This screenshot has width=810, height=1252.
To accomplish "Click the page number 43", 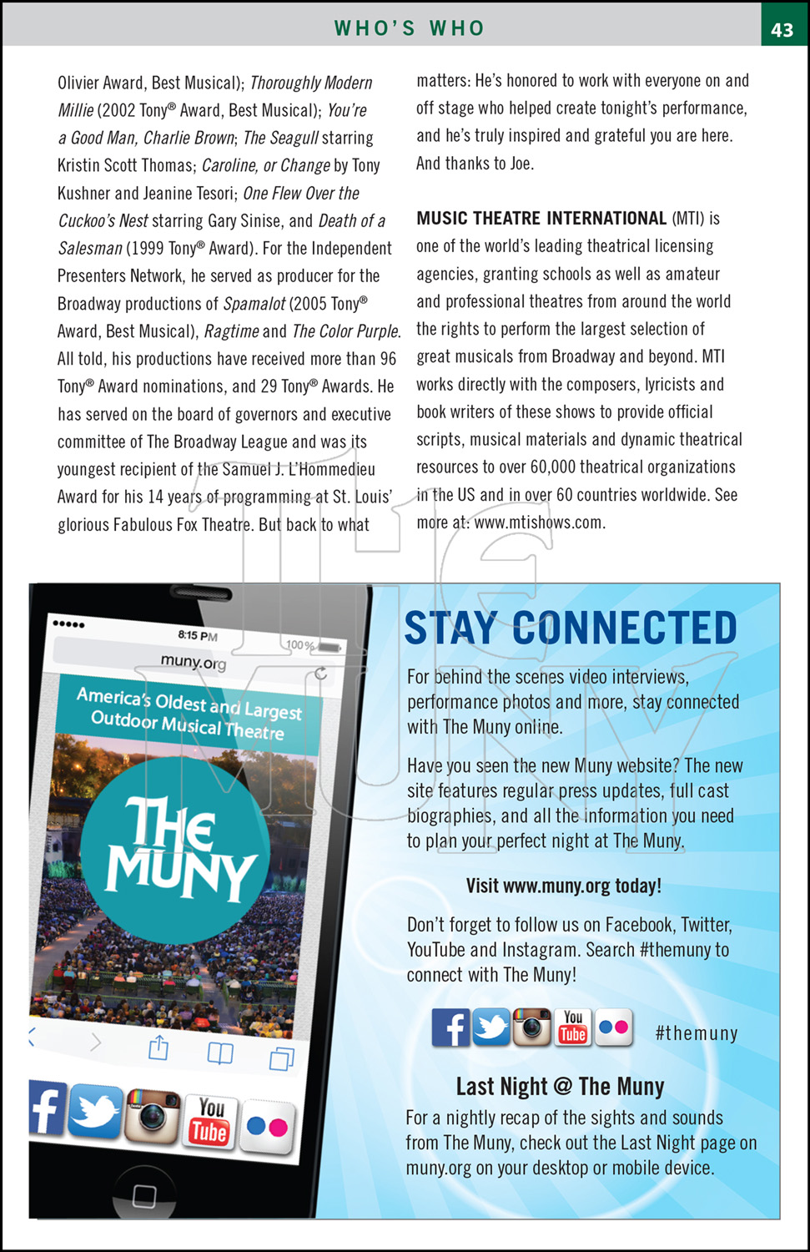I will (782, 29).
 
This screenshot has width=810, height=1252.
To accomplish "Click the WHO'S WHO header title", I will (409, 28).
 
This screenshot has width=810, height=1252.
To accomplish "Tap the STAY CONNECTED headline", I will (571, 628).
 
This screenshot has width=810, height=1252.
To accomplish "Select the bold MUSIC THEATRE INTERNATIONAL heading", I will (541, 219).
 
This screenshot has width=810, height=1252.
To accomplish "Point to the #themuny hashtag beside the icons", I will (697, 1033).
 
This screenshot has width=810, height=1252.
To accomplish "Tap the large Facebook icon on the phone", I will (47, 1108).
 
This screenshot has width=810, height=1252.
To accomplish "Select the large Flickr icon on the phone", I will (268, 1128).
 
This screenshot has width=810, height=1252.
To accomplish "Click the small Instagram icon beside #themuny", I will (532, 1027).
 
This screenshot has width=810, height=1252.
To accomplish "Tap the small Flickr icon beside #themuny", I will (614, 1027).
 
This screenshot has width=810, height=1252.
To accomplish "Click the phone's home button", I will (144, 1195).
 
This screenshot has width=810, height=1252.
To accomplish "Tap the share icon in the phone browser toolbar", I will (158, 1047).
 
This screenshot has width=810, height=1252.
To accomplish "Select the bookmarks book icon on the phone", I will (220, 1053).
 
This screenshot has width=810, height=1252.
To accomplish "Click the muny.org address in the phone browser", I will (194, 662).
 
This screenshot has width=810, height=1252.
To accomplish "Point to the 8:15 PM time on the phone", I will (198, 635).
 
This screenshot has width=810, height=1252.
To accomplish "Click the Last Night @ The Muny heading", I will (560, 1087).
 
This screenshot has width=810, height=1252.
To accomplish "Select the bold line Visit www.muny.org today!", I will (563, 886).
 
